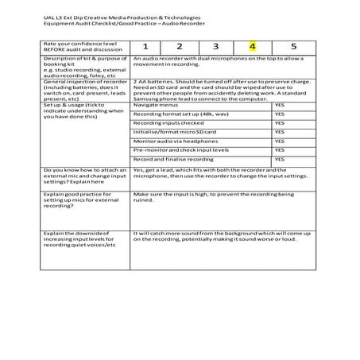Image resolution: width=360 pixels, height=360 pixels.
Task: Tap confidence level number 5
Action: (x=293, y=47)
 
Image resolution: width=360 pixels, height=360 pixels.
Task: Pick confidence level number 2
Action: (x=180, y=47)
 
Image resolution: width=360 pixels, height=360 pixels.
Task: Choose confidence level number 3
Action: (x=215, y=47)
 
